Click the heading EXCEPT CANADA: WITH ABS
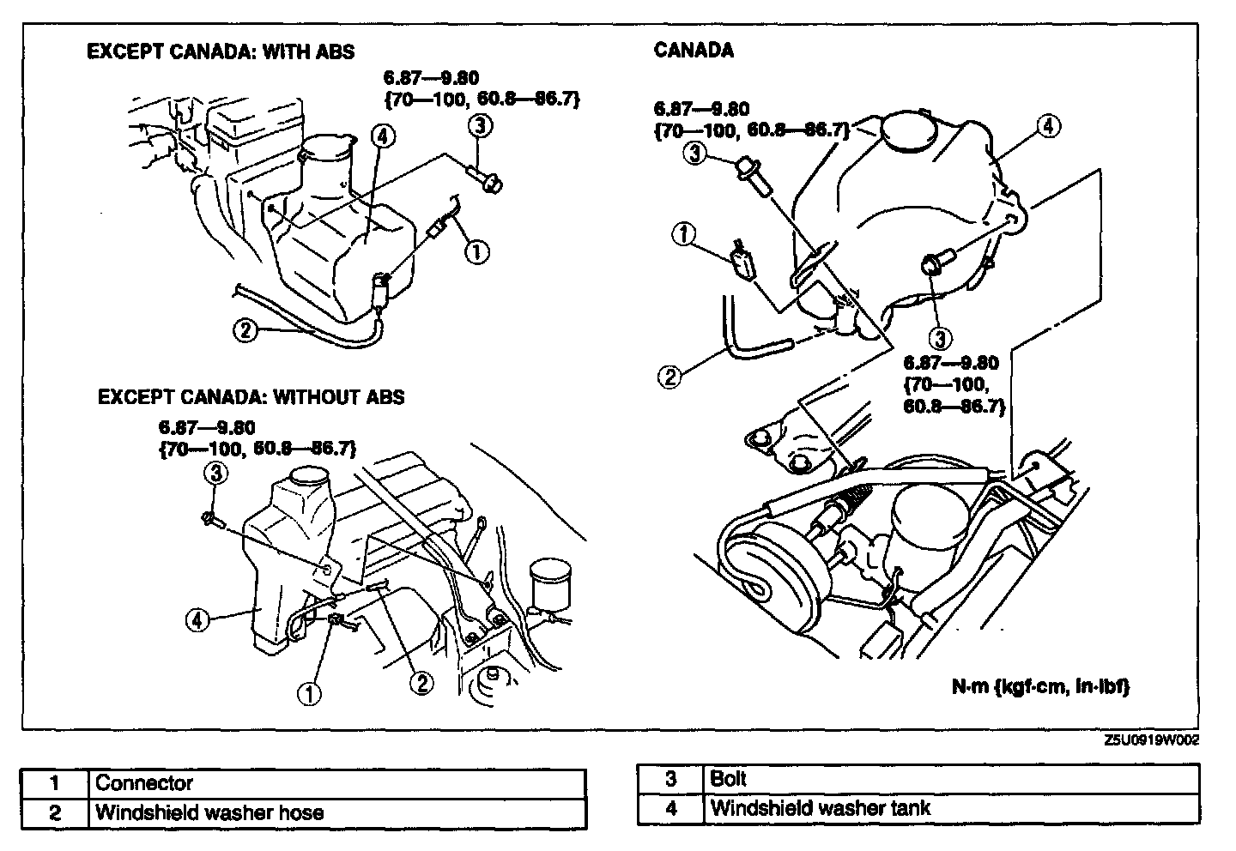tap(221, 52)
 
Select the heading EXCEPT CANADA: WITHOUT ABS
tap(251, 396)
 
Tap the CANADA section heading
tap(694, 50)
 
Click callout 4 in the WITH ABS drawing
tap(383, 136)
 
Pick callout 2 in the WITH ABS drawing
tap(245, 330)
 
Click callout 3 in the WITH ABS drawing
tap(480, 126)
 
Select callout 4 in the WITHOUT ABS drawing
tap(197, 619)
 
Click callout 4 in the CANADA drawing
tap(1047, 126)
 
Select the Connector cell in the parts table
tap(143, 783)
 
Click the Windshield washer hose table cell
tap(209, 812)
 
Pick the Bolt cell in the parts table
tap(729, 779)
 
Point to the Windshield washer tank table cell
tap(820, 808)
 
